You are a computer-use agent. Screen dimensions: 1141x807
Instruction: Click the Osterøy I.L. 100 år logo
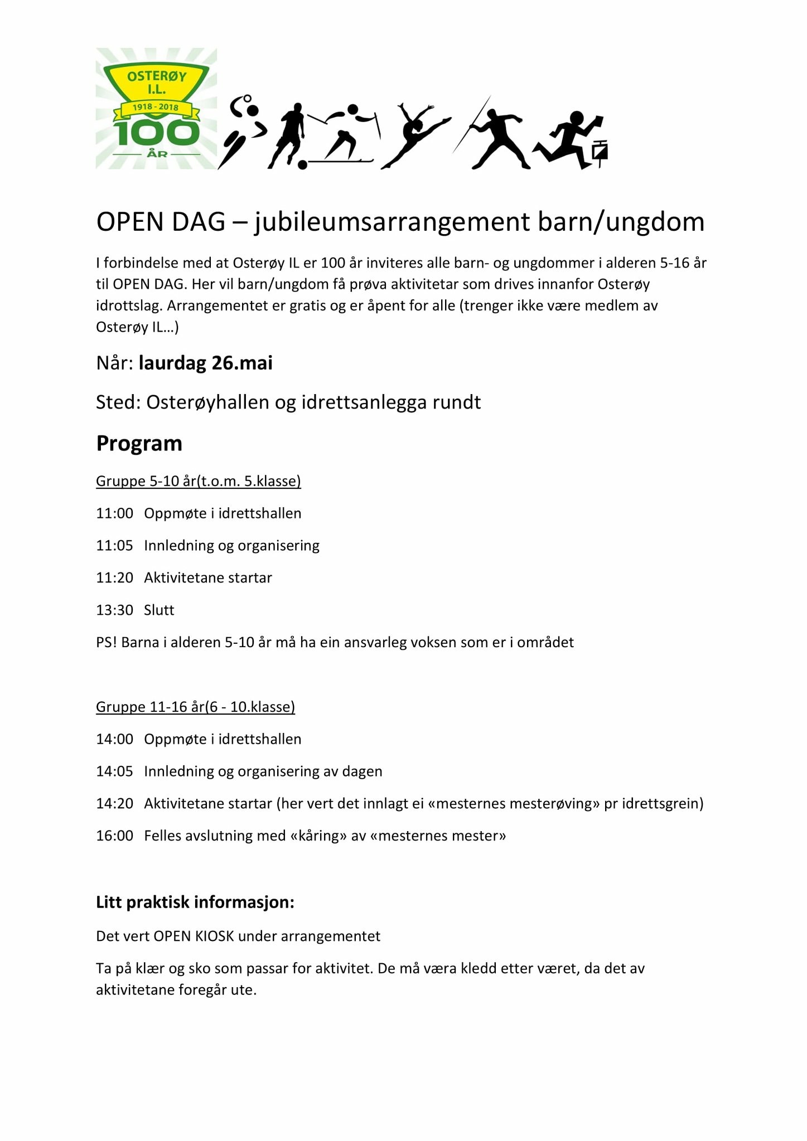coord(156,109)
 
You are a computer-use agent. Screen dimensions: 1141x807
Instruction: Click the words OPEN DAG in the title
coord(161,222)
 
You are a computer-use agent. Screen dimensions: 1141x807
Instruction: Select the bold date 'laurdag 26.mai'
coord(206,363)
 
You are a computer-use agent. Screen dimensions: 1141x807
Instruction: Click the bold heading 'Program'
coord(139,444)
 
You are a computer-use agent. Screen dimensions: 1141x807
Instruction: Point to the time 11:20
coord(114,577)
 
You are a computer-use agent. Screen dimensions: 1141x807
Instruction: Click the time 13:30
coord(114,610)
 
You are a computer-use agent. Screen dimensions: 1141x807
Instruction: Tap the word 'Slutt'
coord(159,610)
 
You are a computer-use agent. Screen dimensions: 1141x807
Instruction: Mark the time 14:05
coord(114,771)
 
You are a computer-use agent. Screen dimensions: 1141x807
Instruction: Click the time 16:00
coord(114,836)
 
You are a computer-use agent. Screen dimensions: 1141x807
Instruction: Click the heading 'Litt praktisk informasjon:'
coord(195,902)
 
